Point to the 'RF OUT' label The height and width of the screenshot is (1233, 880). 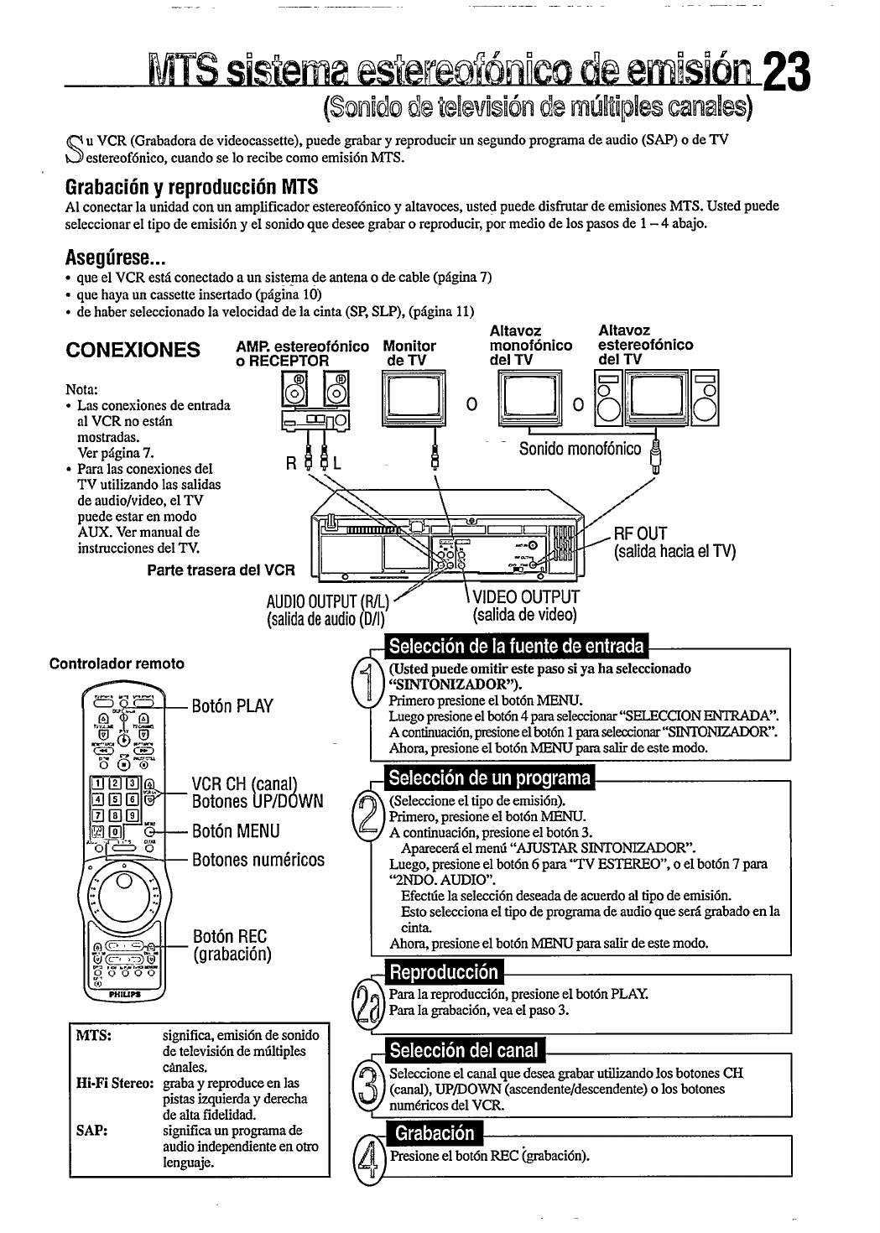coord(640,533)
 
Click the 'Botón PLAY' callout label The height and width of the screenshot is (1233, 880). coord(232,705)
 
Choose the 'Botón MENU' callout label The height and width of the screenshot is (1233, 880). coord(236,830)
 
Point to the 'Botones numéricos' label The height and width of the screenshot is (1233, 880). coord(258,860)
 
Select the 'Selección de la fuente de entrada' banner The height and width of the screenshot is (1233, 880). coord(516,647)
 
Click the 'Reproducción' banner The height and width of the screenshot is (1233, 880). coord(442,973)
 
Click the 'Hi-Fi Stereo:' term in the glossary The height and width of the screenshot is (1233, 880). coord(114,1083)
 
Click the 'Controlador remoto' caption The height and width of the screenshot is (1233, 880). coord(117,663)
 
